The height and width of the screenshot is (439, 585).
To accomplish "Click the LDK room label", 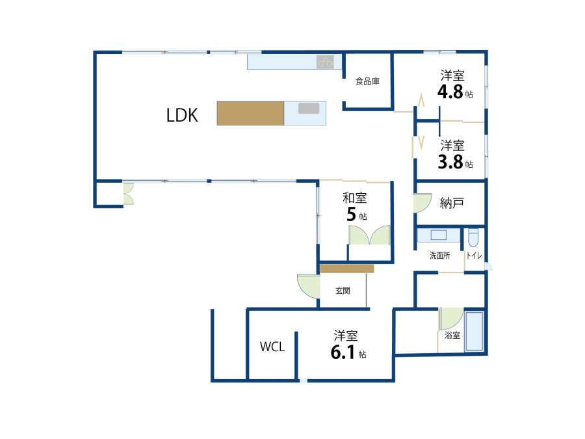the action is click(182, 115).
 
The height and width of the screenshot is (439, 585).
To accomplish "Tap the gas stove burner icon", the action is click(325, 62).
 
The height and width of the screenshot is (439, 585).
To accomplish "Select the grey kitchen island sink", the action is click(309, 108).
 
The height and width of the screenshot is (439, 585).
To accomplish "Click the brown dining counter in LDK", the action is click(250, 113).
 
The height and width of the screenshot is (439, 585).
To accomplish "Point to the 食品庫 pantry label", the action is click(367, 81).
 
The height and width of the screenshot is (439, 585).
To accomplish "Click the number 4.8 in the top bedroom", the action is click(450, 92).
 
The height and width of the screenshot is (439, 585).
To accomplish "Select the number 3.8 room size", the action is click(450, 162).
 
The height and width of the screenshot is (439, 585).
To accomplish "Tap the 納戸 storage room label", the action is click(452, 203).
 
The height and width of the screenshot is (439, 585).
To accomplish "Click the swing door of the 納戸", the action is click(422, 203).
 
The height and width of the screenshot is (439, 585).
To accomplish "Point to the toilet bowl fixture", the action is click(473, 238).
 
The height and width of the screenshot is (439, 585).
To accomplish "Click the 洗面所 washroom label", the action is click(440, 256).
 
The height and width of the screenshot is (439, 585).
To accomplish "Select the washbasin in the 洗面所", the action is click(439, 235).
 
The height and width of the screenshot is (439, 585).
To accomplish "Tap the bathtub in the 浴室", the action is click(474, 332).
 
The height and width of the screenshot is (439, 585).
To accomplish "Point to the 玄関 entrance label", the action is click(343, 291).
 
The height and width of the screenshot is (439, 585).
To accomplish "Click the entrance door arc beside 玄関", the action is click(308, 286).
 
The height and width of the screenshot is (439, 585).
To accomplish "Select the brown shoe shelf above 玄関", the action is click(347, 269).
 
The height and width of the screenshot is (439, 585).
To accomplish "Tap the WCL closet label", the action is click(272, 347).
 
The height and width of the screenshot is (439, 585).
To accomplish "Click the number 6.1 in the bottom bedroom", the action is click(343, 352).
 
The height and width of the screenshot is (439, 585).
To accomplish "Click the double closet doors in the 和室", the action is click(369, 235).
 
